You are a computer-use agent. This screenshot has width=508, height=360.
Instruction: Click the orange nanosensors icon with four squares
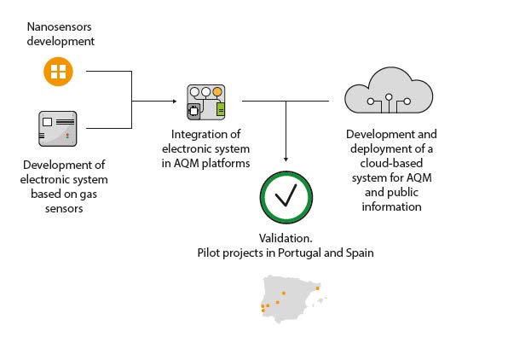pyautogui.click(x=58, y=72)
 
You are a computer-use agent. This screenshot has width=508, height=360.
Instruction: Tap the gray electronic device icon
pyautogui.click(x=58, y=129)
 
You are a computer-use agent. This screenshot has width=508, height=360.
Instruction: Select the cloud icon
pyautogui.click(x=389, y=90)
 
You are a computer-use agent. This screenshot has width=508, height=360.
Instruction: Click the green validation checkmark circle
pyautogui.click(x=286, y=197)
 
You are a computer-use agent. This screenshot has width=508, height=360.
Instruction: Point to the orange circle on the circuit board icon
pyautogui.click(x=217, y=92)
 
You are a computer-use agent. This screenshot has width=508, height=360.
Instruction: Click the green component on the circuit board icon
pyautogui.click(x=220, y=109)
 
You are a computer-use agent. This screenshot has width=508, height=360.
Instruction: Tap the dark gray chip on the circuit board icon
pyautogui.click(x=193, y=111)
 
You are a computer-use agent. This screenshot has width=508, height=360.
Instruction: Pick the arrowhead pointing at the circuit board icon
pyautogui.click(x=175, y=102)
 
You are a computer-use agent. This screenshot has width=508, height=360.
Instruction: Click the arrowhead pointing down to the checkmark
pyautogui.click(x=286, y=160)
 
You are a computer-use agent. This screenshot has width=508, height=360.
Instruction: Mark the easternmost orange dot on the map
pyautogui.click(x=317, y=288)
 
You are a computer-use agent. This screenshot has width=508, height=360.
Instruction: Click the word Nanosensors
pyautogui.click(x=60, y=26)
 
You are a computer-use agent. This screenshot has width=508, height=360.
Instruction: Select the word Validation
pyautogui.click(x=286, y=238)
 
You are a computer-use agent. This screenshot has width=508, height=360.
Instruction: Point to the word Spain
pyautogui.click(x=360, y=253)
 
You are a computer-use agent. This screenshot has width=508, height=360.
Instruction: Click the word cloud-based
pyautogui.click(x=391, y=163)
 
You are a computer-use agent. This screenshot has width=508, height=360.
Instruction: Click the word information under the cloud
pyautogui.click(x=391, y=207)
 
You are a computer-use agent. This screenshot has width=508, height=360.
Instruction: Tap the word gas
pyautogui.click(x=88, y=195)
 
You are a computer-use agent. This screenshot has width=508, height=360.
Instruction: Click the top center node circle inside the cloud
pyautogui.click(x=389, y=96)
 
